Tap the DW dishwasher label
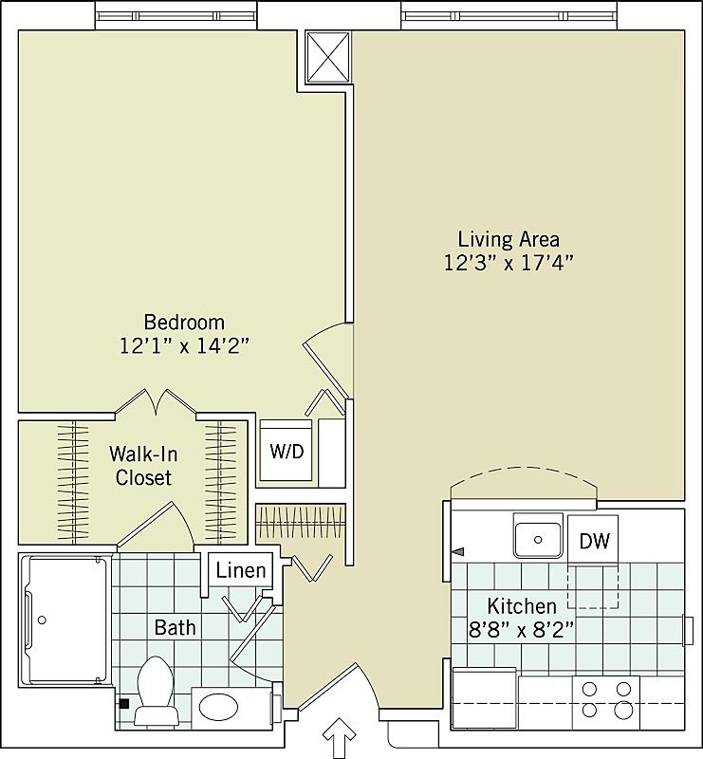point(595,542)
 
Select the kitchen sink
point(538,538)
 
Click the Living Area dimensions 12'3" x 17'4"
point(509,263)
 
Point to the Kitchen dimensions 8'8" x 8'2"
point(521,628)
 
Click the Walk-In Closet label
point(143,465)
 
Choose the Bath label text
point(176,627)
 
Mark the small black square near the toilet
point(123,704)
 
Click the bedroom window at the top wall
point(176,15)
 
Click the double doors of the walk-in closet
point(157,402)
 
